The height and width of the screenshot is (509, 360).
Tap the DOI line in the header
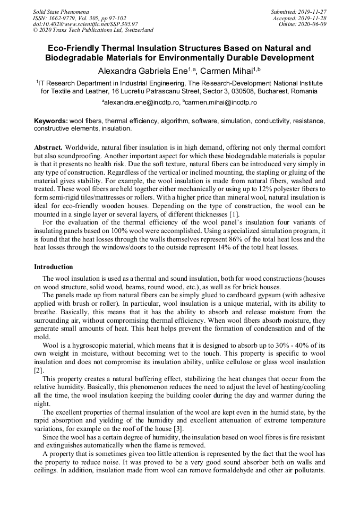click(x=85, y=24)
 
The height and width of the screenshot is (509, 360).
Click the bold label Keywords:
click(x=51, y=121)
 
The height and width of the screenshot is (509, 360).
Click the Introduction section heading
click(x=54, y=266)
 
